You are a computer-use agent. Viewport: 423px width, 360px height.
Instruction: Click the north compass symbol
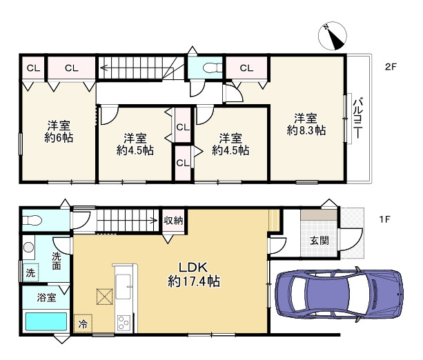333,36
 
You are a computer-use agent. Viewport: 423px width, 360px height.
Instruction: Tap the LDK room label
194,268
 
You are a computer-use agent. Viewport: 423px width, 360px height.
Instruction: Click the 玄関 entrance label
319,241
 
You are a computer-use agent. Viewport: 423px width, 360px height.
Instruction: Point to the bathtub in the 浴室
46,321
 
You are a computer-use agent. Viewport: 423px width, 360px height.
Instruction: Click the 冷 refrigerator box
83,323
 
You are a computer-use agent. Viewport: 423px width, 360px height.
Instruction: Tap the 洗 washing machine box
30,272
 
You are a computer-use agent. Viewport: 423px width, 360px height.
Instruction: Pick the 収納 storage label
173,221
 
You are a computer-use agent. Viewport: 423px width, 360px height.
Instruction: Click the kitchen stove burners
124,322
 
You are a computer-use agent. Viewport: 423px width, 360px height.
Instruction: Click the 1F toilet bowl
32,221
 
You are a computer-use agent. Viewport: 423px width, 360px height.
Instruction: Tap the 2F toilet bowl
212,68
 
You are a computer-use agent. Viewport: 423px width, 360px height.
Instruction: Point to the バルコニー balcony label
358,119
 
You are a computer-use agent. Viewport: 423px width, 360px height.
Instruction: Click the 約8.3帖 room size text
306,130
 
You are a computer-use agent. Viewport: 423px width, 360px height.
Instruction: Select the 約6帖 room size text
59,138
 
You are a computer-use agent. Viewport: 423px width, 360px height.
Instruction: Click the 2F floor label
391,67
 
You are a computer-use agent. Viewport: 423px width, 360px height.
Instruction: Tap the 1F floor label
384,219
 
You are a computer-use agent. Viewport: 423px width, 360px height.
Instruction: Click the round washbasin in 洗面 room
28,247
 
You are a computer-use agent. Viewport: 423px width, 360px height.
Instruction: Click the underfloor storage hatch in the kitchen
105,297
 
